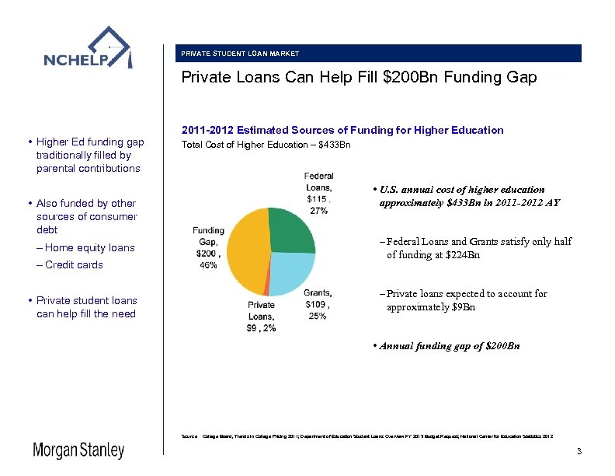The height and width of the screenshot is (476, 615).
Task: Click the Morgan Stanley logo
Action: (78, 450)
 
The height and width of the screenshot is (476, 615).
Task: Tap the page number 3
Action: (579, 452)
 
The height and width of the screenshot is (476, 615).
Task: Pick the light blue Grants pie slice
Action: (291, 272)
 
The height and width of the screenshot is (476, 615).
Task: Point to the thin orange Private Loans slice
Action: (266, 289)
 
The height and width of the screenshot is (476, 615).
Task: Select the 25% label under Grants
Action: (318, 316)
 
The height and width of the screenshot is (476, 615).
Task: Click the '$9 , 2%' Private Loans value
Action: (261, 328)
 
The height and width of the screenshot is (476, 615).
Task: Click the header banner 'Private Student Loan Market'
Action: (240, 54)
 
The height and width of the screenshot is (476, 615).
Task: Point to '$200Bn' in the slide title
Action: (412, 78)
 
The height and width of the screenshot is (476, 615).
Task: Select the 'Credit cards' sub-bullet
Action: (75, 265)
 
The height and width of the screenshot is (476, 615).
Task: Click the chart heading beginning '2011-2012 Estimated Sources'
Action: (342, 130)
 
